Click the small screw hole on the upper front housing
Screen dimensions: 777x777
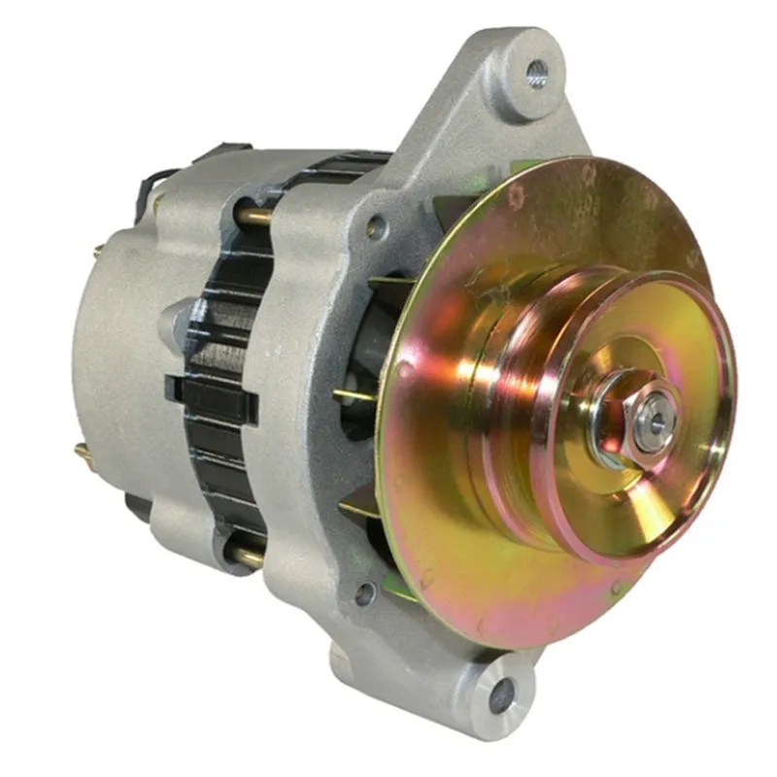click(375, 228)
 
